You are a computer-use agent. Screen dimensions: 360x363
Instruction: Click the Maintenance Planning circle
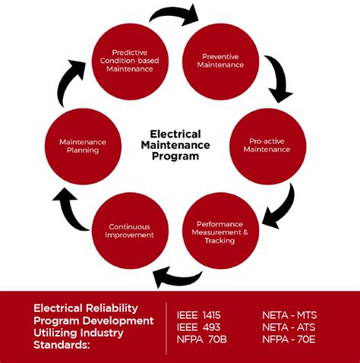click(83, 145)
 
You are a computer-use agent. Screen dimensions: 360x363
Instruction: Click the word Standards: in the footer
click(62, 346)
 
